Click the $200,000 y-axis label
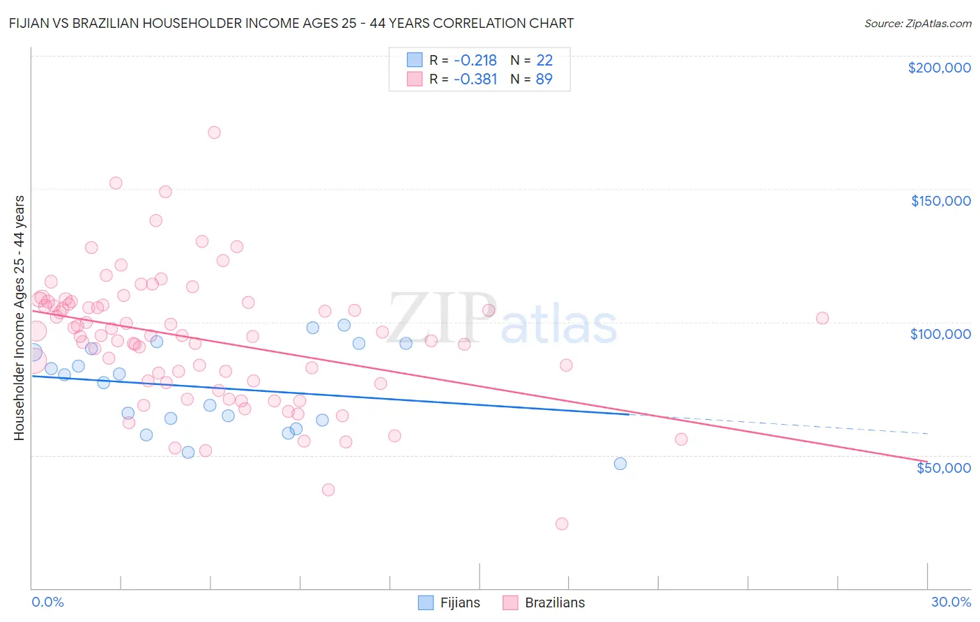[x=939, y=68]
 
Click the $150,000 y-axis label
[x=940, y=201]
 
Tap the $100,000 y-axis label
[x=940, y=334]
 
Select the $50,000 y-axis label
[x=943, y=467]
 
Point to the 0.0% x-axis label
[x=47, y=602]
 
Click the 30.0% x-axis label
[x=951, y=602]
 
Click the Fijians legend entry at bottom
[x=449, y=602]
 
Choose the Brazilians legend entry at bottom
[x=544, y=602]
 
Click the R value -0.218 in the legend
[x=475, y=61]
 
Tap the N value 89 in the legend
[x=544, y=79]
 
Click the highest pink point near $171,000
[x=214, y=132]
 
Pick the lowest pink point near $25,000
[x=562, y=524]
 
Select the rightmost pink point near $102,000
[x=822, y=318]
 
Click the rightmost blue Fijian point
[x=620, y=464]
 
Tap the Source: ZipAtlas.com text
[x=917, y=24]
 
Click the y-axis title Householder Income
[x=20, y=317]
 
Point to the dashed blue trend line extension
[x=781, y=425]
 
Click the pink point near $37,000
[x=328, y=490]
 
